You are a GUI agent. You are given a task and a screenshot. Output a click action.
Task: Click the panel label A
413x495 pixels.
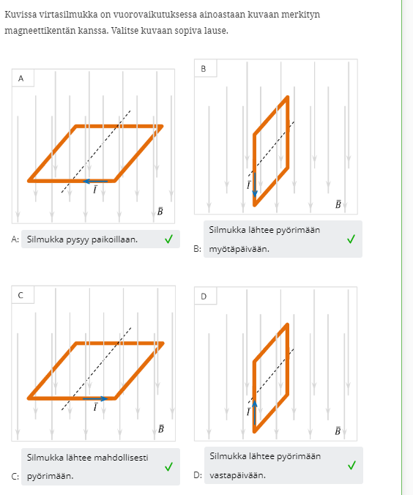click(x=21, y=78)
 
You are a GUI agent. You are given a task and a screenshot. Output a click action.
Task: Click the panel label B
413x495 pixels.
click(x=204, y=69)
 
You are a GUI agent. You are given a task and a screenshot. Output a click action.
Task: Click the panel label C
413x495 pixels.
click(x=21, y=295)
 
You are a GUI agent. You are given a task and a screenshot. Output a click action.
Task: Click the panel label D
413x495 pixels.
click(x=204, y=296)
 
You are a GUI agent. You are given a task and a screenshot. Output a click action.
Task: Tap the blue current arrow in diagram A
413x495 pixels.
click(x=95, y=181)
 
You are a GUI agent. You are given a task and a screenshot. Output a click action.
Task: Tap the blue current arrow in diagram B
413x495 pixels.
click(x=255, y=185)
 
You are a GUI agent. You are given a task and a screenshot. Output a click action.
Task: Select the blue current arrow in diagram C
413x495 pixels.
click(x=95, y=399)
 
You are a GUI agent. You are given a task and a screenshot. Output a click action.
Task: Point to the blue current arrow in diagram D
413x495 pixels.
click(x=255, y=412)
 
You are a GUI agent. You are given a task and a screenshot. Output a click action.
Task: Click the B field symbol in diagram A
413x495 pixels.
click(x=160, y=211)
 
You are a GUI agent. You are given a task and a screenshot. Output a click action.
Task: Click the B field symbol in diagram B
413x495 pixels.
click(x=338, y=204)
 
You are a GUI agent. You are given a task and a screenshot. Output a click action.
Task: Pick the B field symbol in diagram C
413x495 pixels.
click(x=160, y=428)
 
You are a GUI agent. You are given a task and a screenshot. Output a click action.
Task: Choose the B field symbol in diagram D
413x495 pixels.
click(x=338, y=431)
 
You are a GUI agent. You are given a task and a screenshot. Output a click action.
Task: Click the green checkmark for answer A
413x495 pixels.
click(x=169, y=239)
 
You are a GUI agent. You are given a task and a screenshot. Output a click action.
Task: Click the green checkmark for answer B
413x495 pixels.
click(x=351, y=239)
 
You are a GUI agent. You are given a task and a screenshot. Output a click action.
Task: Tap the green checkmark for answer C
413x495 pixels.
click(x=169, y=466)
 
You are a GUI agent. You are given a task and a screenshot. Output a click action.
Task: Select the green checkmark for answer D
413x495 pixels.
click(x=351, y=465)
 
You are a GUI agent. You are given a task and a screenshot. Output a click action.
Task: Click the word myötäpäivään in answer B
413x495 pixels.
click(x=239, y=249)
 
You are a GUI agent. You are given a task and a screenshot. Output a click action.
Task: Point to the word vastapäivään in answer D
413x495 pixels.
click(x=237, y=475)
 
